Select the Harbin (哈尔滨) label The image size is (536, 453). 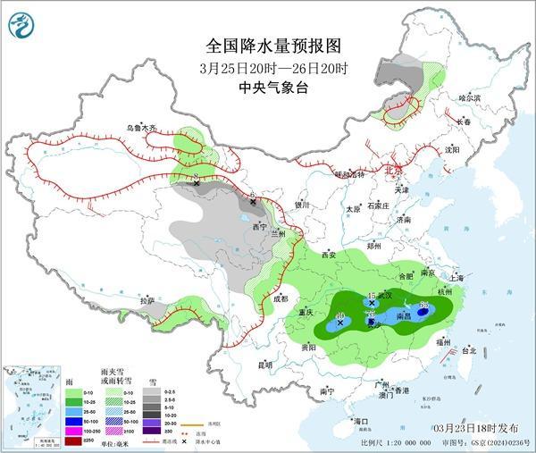(470, 96)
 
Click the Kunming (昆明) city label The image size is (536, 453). (239, 365)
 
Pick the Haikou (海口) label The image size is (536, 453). (360, 420)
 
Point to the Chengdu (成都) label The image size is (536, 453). (281, 298)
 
